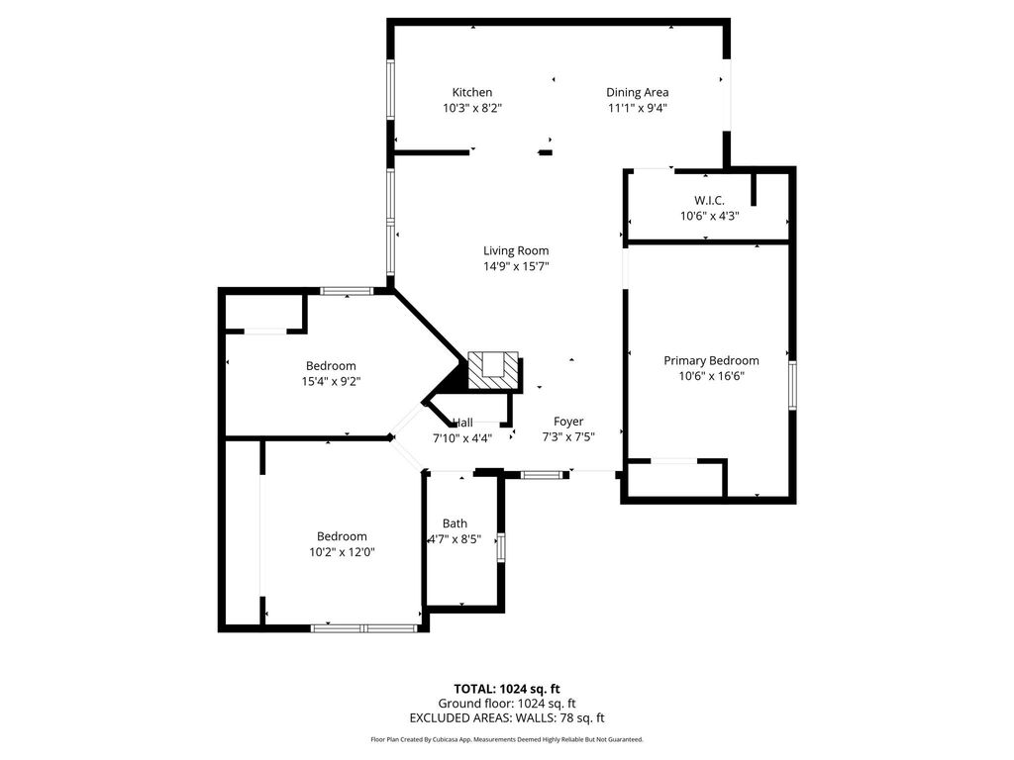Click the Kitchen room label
pos(472,92)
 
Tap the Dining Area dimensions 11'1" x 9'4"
pos(637,108)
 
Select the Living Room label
pos(516,250)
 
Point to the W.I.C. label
pos(709,200)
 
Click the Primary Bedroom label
pos(711,360)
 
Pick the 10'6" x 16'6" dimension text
pos(711,376)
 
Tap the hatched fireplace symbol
pos(493,370)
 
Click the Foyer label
pos(568,422)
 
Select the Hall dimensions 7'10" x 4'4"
pos(462,438)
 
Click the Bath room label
pos(455,523)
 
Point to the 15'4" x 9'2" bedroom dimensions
pos(331,381)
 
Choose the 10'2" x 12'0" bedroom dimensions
pos(342,552)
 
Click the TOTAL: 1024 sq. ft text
pos(507,689)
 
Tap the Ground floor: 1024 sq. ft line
pos(507,704)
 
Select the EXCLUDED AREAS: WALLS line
pos(507,717)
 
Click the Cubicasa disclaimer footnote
pos(507,739)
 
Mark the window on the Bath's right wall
pos(500,547)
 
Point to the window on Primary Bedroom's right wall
pos(792,385)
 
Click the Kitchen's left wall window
pos(390,89)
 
